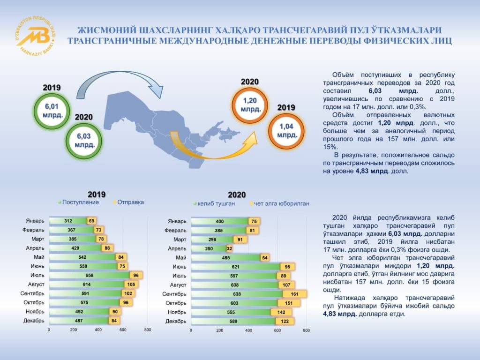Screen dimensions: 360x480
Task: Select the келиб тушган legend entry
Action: click(x=213, y=204)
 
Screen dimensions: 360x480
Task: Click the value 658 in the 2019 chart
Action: click(x=90, y=275)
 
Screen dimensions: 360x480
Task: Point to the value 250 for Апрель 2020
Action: click(x=209, y=248)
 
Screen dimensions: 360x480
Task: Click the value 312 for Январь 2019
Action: click(x=68, y=221)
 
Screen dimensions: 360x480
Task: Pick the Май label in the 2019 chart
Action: click(x=39, y=257)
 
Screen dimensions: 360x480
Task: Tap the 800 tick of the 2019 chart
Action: click(x=147, y=330)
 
